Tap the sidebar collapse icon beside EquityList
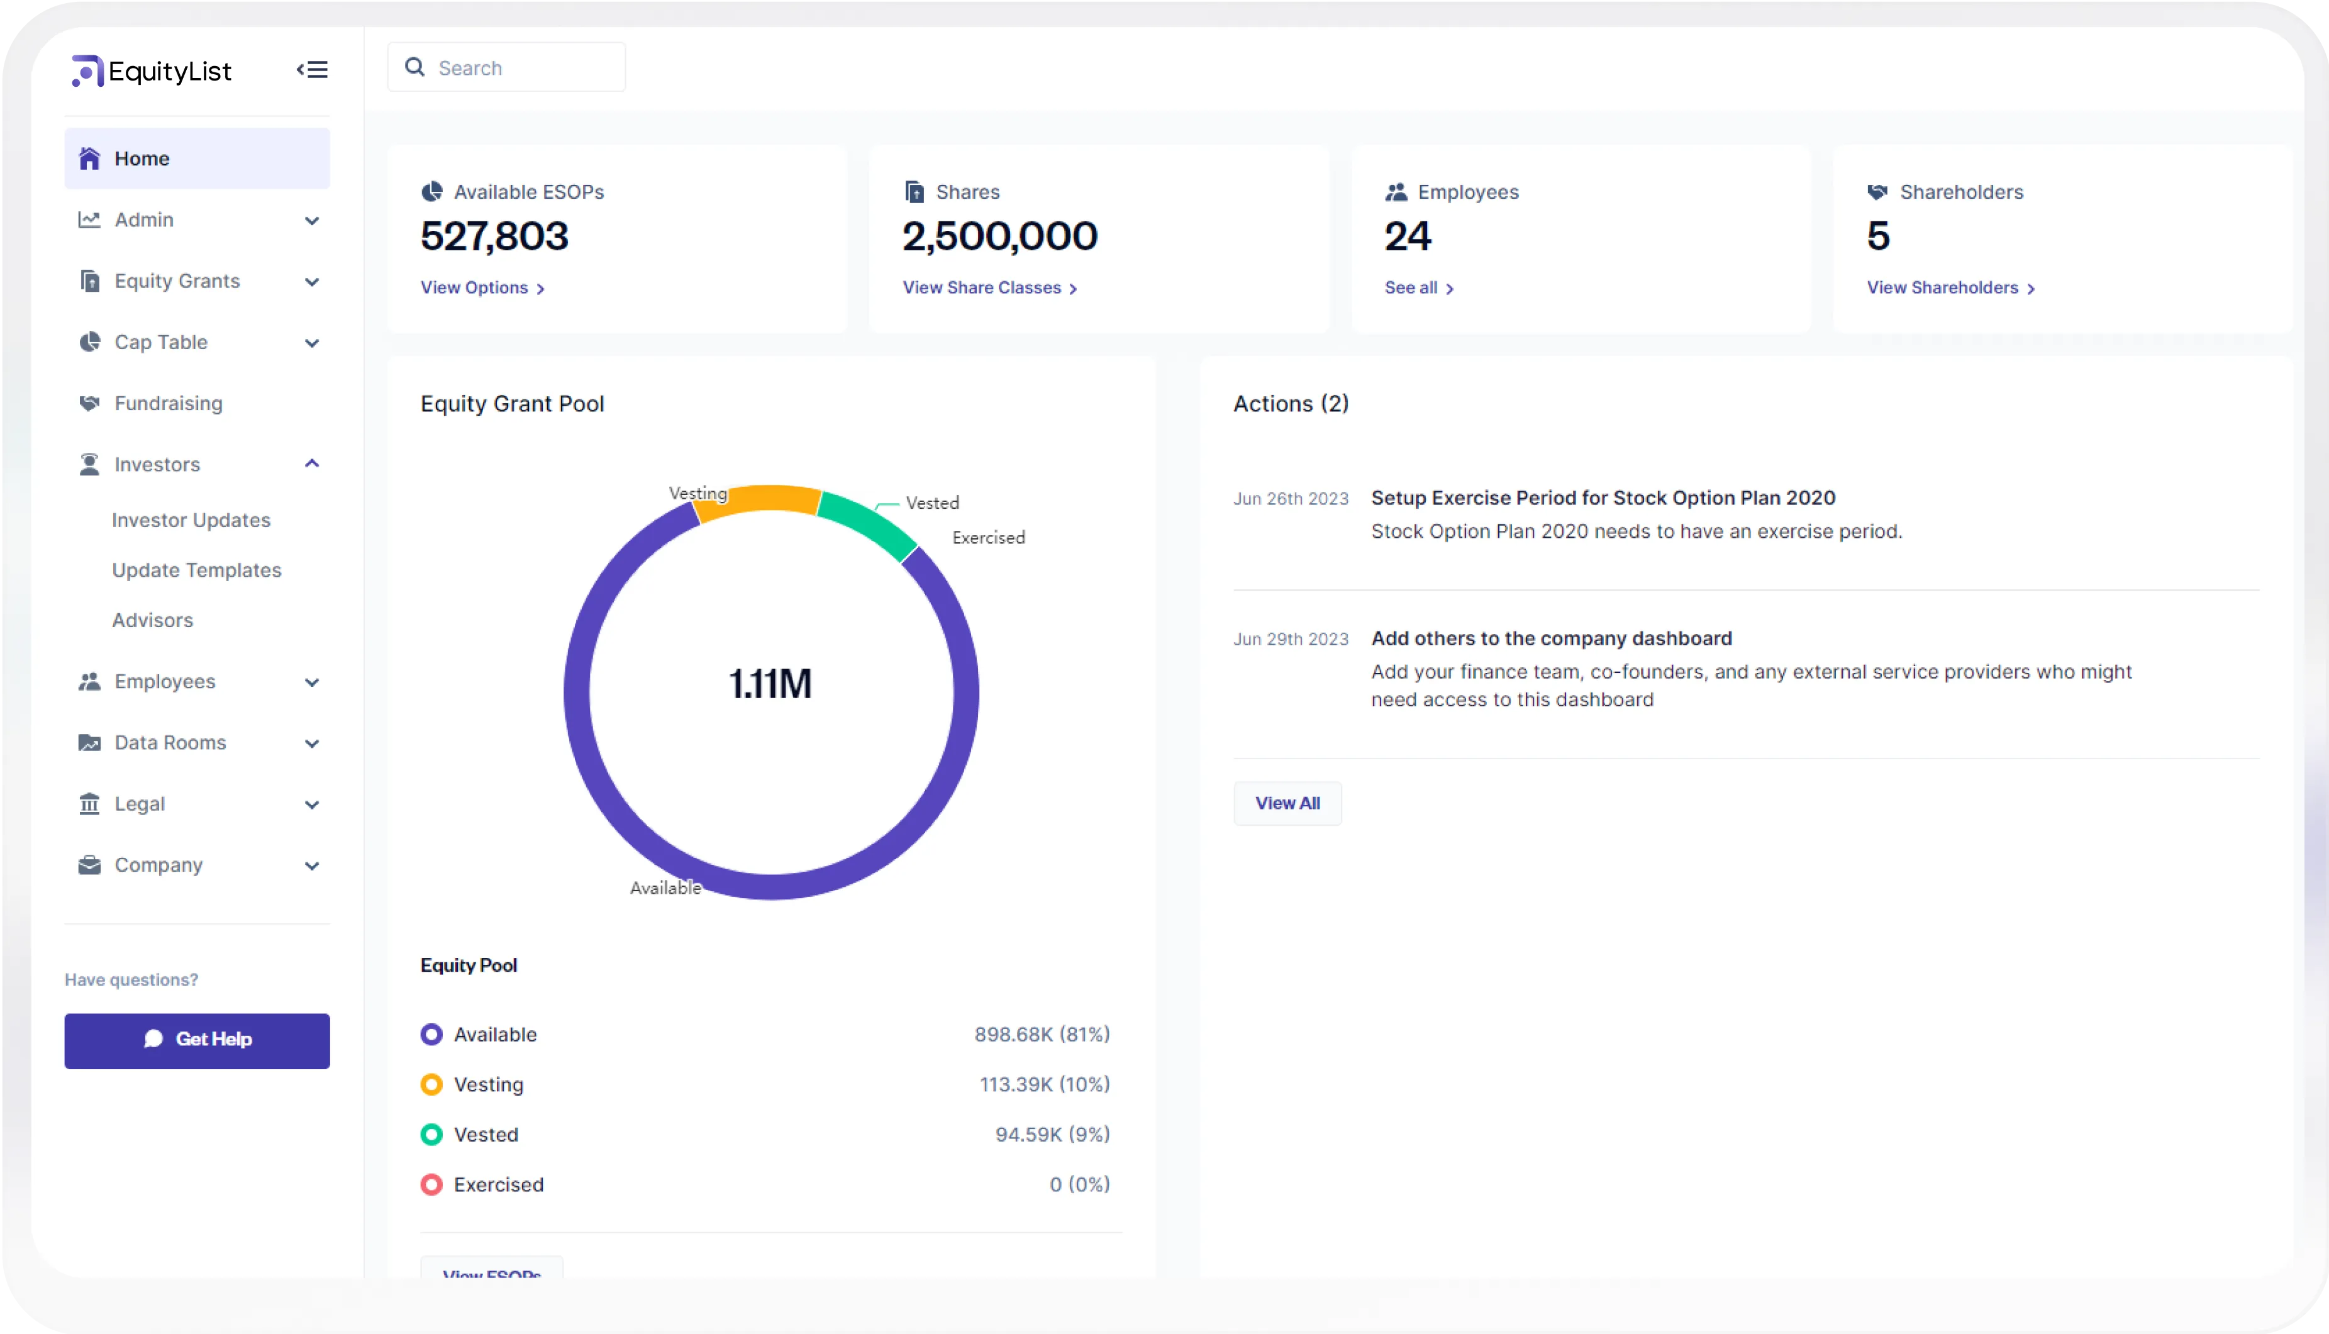click(311, 70)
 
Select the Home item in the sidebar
click(196, 158)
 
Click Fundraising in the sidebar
click(169, 403)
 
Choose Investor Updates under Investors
click(191, 520)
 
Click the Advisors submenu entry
click(152, 620)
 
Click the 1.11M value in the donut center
click(770, 684)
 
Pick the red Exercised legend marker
click(431, 1185)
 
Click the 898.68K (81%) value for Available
click(1041, 1035)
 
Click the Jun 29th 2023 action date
click(1290, 638)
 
